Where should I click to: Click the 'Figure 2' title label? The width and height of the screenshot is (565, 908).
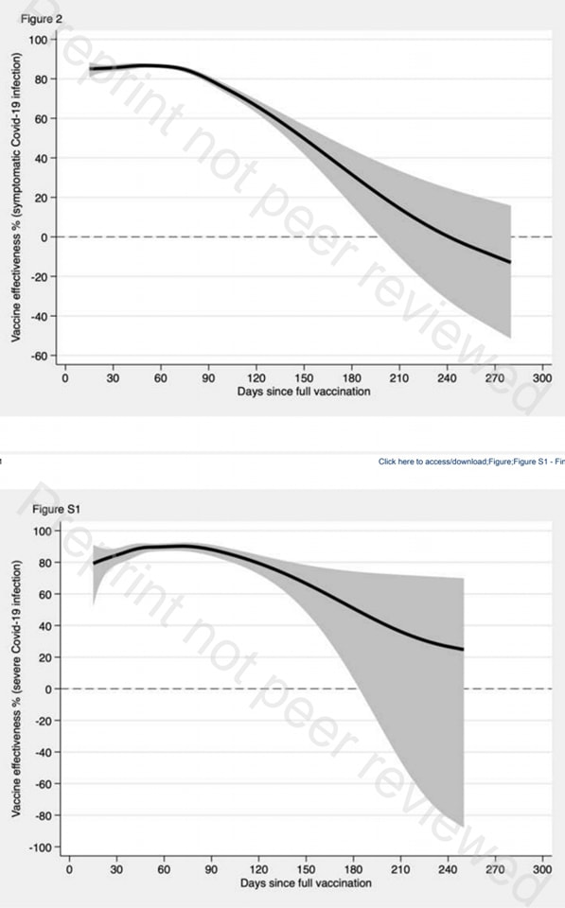[x=41, y=19]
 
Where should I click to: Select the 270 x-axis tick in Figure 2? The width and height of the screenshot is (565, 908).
[x=495, y=378]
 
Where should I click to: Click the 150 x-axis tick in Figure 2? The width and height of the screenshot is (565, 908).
[x=304, y=378]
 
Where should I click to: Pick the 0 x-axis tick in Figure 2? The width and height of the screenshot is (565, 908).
[x=65, y=378]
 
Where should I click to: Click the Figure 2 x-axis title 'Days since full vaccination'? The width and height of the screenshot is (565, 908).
[x=304, y=392]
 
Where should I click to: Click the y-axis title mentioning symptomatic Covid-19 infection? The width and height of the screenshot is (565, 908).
[x=16, y=197]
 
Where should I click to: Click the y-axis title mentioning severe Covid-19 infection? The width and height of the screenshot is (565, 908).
[x=16, y=689]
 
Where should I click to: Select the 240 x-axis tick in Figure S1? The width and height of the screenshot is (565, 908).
[x=448, y=869]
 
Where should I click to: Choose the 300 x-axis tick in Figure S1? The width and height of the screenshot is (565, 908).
[x=542, y=869]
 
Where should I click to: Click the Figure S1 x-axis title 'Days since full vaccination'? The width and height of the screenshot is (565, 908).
[x=306, y=883]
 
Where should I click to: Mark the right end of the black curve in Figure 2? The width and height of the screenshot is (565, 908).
[x=510, y=262]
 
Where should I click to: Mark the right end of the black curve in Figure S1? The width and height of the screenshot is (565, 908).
[x=464, y=649]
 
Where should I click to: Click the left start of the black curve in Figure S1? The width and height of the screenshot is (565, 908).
[x=94, y=564]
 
